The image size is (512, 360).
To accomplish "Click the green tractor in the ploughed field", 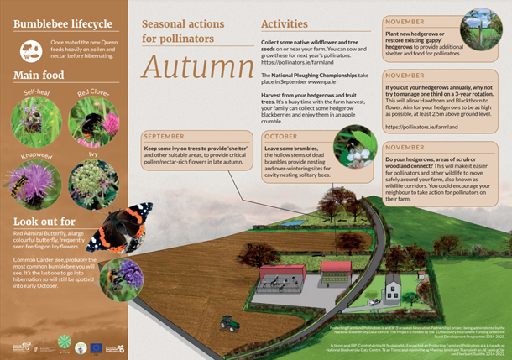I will coord(227,321).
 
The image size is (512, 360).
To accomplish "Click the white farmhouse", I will coord(392,289).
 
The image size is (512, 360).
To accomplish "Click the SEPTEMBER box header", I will coord(165,137).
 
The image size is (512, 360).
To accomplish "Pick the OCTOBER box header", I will coord(281,137).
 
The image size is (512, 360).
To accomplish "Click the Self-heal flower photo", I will coord(34,116).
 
